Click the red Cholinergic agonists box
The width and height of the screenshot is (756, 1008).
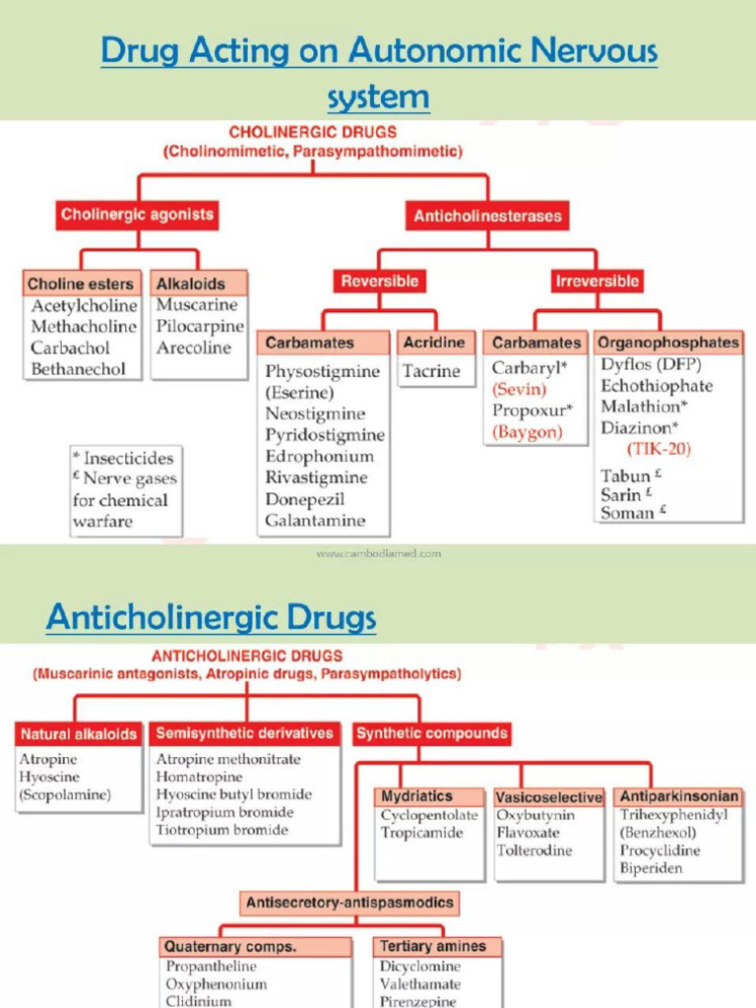(137, 215)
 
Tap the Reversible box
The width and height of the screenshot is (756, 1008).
(379, 282)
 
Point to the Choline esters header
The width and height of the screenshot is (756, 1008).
(81, 284)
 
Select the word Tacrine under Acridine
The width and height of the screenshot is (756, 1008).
(430, 371)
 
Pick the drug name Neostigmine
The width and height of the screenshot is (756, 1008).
(315, 414)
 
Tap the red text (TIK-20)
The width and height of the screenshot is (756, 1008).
(659, 449)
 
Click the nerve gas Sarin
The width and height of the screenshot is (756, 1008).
(621, 494)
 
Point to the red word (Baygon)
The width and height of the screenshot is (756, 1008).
(528, 431)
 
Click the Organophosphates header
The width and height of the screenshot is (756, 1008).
(667, 343)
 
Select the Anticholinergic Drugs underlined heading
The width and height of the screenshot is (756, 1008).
(211, 618)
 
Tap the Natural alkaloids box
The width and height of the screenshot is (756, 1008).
(79, 733)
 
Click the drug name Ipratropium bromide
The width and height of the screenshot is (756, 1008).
(224, 812)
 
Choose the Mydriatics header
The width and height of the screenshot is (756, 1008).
(417, 796)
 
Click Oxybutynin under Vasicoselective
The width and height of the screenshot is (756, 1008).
(535, 815)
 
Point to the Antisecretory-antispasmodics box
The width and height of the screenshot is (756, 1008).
(349, 902)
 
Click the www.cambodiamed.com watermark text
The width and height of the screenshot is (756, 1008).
(378, 554)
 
